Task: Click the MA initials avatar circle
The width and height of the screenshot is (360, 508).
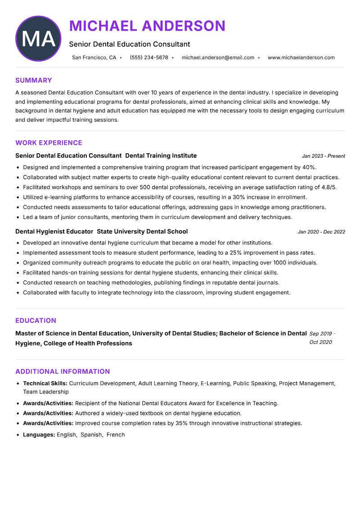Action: [x=38, y=39]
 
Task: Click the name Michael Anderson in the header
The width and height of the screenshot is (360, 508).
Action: [x=147, y=26]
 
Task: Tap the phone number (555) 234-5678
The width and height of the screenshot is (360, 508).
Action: [x=149, y=58]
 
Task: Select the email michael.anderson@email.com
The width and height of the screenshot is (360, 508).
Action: [x=218, y=58]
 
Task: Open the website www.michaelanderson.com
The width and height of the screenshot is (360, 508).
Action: [x=301, y=58]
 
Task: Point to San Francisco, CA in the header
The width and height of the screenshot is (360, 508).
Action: [x=94, y=58]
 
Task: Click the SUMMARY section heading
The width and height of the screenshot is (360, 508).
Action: [x=34, y=80]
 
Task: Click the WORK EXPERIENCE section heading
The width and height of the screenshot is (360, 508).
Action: [x=49, y=143]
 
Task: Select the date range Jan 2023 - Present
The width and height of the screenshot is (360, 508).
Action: [x=323, y=156]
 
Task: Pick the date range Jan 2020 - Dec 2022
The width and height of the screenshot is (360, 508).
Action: [x=321, y=232]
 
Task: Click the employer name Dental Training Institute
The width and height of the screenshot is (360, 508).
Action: [x=161, y=156]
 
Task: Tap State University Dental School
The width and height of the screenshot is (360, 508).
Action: [x=142, y=232]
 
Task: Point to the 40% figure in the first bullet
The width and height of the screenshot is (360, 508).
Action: [x=309, y=167]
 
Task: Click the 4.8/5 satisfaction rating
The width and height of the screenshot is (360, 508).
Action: [x=329, y=187]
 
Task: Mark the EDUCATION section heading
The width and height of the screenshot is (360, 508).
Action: [x=36, y=321]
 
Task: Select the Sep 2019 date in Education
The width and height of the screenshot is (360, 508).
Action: [x=321, y=334]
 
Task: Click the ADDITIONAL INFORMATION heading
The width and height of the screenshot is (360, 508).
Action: [x=63, y=371]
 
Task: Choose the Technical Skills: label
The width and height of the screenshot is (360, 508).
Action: [x=45, y=383]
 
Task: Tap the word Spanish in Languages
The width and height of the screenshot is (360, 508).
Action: [x=91, y=435]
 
